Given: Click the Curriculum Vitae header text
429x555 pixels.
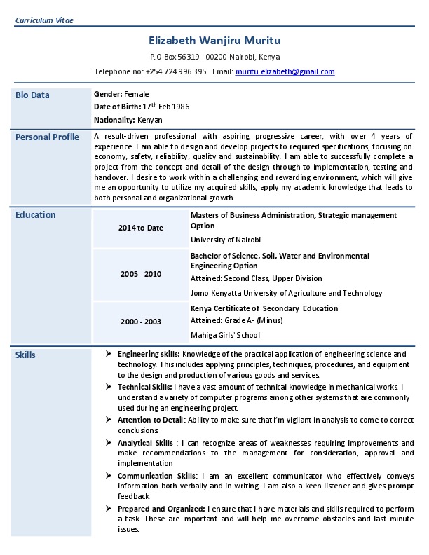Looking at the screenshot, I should click(44, 20).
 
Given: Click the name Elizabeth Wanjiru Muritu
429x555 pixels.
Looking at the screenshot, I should click(214, 41).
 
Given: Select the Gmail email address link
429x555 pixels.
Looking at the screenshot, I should click(285, 71).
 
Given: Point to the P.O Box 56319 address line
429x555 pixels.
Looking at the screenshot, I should click(214, 56).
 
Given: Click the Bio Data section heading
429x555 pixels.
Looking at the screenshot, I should click(32, 95).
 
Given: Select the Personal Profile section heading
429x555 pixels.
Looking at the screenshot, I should click(47, 137).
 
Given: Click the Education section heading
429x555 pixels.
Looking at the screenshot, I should click(35, 214).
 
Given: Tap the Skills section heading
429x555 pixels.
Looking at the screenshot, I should click(25, 355).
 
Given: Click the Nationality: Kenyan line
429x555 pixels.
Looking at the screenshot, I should click(128, 120).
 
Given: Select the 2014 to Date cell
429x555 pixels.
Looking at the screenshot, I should click(140, 228).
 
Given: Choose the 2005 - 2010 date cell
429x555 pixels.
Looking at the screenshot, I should click(140, 273).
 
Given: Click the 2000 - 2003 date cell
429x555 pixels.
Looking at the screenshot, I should click(140, 322).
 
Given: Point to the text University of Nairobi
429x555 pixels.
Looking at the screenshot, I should click(226, 240).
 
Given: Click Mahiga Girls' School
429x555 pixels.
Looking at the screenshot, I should click(225, 335).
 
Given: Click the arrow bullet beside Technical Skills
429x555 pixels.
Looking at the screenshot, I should click(109, 386).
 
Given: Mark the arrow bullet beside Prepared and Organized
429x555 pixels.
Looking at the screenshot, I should click(109, 507).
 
